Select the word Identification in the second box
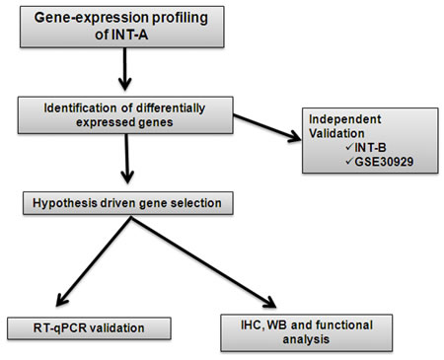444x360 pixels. coord(80,108)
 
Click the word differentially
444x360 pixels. coord(171,108)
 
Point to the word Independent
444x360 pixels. coord(345,119)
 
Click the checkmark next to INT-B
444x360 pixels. coord(349,147)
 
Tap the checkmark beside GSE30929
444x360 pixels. coord(349,161)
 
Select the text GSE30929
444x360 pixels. coord(384,162)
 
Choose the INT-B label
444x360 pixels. coord(370,147)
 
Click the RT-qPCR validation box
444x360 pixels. coord(89,328)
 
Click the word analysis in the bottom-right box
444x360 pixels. coord(306,339)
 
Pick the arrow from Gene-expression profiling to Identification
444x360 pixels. coord(125,69)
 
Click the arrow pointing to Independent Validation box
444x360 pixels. coord(267,128)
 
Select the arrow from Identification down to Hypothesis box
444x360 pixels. coord(127,159)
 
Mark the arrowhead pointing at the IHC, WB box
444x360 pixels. coord(270,303)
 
